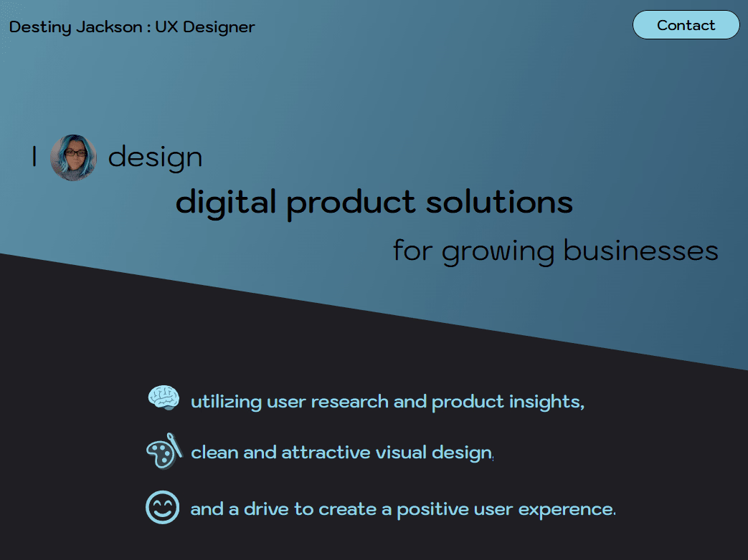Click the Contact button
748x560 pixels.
(x=686, y=25)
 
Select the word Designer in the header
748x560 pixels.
(x=219, y=27)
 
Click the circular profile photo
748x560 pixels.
(x=73, y=158)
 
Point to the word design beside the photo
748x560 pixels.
(x=155, y=157)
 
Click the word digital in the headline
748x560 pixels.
(x=226, y=203)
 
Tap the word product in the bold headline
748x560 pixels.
(x=351, y=203)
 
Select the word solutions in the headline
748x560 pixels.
(x=499, y=203)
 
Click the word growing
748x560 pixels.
(x=498, y=251)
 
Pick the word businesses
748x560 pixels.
(x=640, y=251)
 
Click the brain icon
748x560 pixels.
(x=164, y=397)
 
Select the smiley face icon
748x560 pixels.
(x=162, y=507)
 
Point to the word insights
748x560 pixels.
(x=546, y=402)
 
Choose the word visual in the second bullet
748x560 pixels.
(x=401, y=453)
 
